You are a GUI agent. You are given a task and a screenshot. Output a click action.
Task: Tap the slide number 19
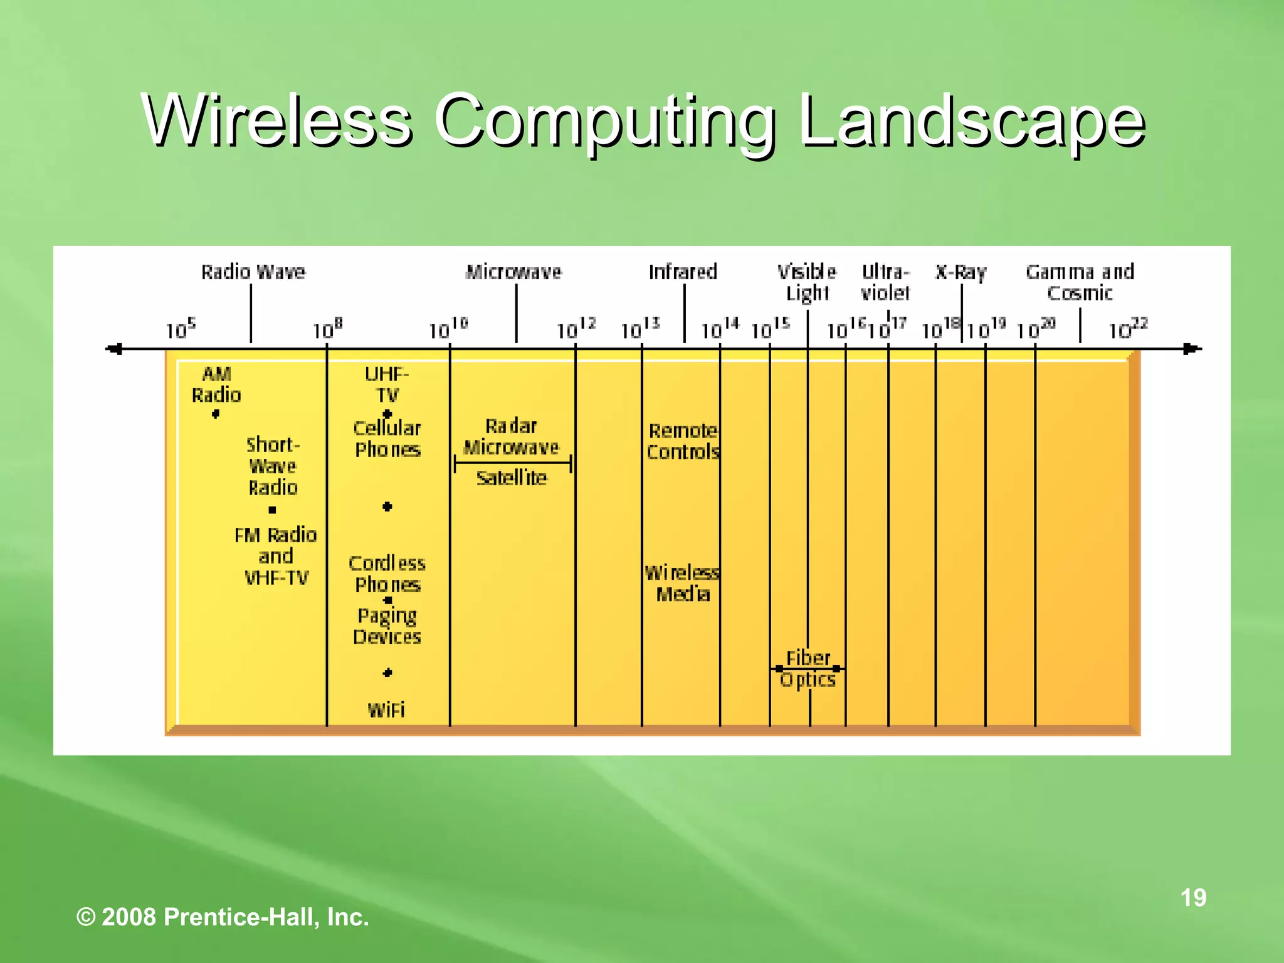[x=1193, y=898]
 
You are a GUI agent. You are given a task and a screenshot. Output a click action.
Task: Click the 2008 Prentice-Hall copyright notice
[x=223, y=917]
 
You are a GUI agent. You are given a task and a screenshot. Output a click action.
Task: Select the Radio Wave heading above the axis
[x=253, y=272]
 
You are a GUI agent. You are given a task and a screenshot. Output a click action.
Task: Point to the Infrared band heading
[x=683, y=272]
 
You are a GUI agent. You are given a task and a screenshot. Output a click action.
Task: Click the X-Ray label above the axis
[x=960, y=273]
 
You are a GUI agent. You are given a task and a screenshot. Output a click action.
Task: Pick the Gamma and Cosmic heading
[x=1080, y=282]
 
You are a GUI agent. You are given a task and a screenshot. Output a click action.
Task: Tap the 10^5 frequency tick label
[x=181, y=329]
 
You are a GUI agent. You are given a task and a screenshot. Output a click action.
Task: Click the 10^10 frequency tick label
[x=448, y=329]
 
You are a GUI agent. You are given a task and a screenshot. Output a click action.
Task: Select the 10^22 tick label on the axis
[x=1127, y=329]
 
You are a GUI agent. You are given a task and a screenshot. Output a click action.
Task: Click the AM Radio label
[x=216, y=385]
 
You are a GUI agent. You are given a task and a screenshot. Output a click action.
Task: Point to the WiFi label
[x=386, y=710]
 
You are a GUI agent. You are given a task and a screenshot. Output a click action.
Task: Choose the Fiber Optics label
[x=808, y=669]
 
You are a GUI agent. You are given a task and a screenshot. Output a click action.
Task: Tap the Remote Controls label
[x=683, y=441]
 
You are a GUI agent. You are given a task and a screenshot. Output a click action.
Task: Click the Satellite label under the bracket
[x=512, y=478]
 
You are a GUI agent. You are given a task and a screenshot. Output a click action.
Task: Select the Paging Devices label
[x=387, y=626]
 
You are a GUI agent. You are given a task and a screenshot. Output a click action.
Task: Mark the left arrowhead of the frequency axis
[x=114, y=349]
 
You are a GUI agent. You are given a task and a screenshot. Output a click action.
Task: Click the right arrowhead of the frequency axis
[x=1191, y=349]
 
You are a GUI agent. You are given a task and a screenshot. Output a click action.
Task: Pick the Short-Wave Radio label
[x=273, y=466]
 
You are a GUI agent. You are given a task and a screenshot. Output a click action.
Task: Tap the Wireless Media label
[x=682, y=583]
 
